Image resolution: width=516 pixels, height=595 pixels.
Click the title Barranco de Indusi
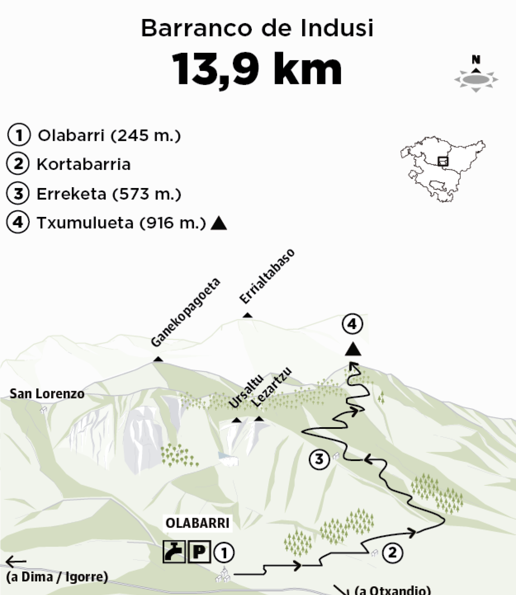point(257,28)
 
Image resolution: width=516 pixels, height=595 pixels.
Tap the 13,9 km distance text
point(257,69)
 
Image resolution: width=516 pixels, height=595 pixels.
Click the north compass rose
point(476,78)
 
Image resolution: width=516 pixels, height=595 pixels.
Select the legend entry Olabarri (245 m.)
point(109,136)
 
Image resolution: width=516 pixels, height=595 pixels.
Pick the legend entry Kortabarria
point(84,164)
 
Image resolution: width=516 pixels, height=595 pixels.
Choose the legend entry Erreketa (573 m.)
point(109,194)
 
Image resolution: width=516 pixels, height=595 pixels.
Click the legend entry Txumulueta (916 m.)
point(121,223)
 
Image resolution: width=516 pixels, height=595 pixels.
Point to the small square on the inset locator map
point(443,161)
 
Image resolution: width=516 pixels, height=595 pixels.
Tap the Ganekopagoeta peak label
point(186,312)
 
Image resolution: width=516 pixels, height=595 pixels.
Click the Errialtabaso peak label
point(267,276)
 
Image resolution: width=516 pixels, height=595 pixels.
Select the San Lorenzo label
point(47,394)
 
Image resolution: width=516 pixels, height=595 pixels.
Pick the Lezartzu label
point(271,387)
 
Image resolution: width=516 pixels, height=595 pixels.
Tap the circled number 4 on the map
point(352,324)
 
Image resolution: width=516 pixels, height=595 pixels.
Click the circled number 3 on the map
point(319,459)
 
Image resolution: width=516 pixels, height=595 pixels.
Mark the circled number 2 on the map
point(392,552)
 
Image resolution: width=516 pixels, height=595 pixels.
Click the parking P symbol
point(199,552)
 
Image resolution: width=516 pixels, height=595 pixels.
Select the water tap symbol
point(174,552)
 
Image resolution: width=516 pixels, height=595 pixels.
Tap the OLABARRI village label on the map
point(197,523)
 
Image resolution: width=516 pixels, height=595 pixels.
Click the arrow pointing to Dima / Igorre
point(16,562)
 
